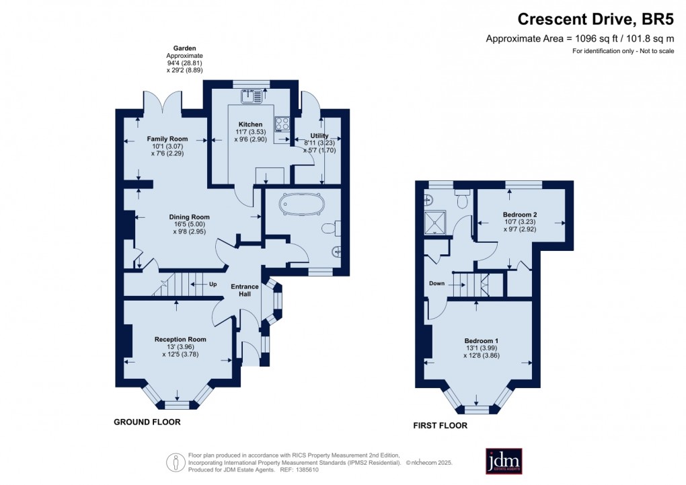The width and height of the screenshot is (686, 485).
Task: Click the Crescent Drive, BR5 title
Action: [x=596, y=20]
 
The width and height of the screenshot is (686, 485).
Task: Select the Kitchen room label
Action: [x=250, y=124]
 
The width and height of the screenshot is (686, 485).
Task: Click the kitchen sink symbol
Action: [x=254, y=96]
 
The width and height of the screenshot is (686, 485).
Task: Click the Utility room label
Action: [x=320, y=136]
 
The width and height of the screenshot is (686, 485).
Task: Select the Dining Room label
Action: [x=189, y=217]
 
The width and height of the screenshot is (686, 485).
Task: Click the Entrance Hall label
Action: [x=245, y=291]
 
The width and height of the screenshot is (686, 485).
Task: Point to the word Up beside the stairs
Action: [x=213, y=285]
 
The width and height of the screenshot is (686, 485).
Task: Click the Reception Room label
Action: [x=180, y=339]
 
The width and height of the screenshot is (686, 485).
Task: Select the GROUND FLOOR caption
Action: [x=147, y=422]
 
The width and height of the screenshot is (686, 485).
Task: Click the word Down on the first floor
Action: [x=437, y=284]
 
